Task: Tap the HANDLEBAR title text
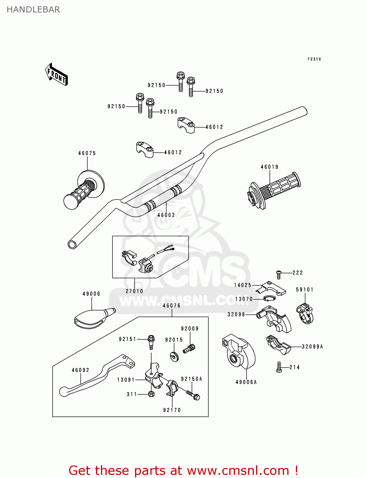coord(33,10)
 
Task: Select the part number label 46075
coord(87,153)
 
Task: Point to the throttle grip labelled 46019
coord(274,191)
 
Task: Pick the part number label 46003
coord(166,215)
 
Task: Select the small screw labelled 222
coord(279,273)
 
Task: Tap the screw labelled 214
coord(279,367)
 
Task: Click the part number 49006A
coord(246,382)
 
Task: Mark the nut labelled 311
coord(151,394)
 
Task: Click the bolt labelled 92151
coord(151,341)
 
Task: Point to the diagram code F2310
coord(314,59)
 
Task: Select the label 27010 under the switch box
coord(134,291)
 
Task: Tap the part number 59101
coord(304,290)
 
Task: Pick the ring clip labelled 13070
coord(269,298)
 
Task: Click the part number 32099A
coord(312,347)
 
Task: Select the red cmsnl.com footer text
coord(183,471)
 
